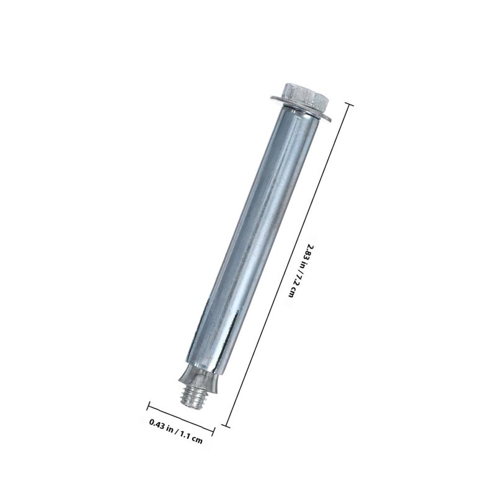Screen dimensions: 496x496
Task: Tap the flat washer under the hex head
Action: coord(301,108)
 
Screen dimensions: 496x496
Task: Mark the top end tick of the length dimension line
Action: coord(349,105)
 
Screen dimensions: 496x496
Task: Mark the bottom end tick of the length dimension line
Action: coord(226,425)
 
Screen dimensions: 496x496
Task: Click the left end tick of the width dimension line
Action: coord(148,406)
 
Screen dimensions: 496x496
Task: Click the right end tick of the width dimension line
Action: coord(213,432)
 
